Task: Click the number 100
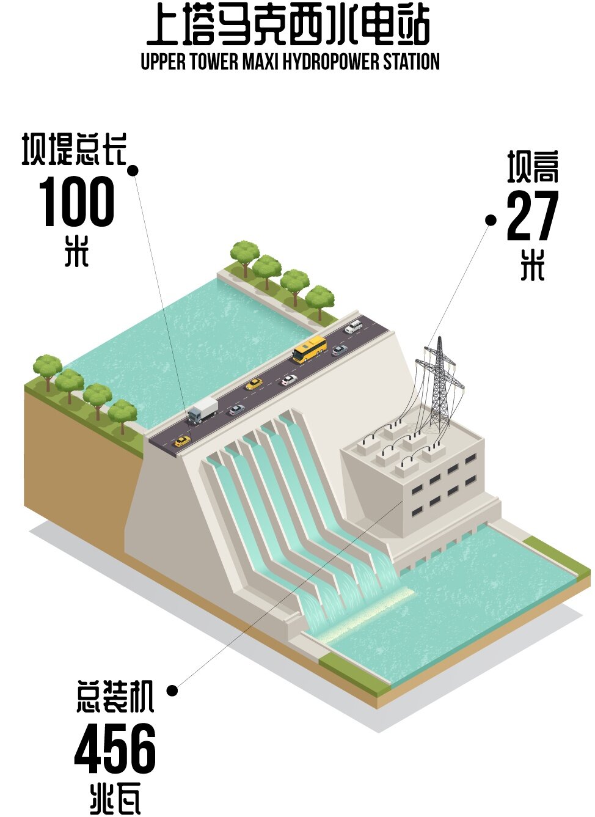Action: tap(77, 202)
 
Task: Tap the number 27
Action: tap(533, 216)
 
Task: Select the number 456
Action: tap(115, 748)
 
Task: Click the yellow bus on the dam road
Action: tap(310, 349)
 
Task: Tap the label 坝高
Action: tap(533, 167)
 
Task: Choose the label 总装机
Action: tap(115, 697)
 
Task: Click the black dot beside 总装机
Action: tap(172, 691)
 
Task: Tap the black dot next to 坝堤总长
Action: tap(133, 170)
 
